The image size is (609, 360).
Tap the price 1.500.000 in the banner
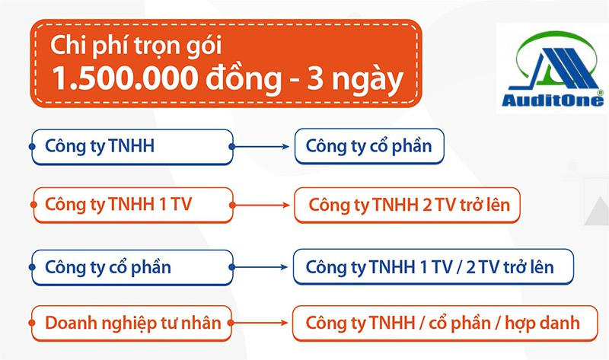pyautogui.click(x=125, y=79)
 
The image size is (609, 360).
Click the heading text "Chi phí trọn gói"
pyautogui.click(x=136, y=46)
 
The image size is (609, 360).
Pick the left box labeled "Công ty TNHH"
pyautogui.click(x=132, y=147)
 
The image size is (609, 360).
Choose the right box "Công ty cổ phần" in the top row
pyautogui.click(x=369, y=146)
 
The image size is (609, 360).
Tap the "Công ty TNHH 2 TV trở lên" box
pyautogui.click(x=407, y=205)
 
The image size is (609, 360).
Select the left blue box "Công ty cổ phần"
pyautogui.click(x=132, y=268)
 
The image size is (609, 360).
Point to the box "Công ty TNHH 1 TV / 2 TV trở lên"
pyautogui.click(x=433, y=267)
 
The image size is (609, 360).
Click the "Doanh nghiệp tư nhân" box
pyautogui.click(x=132, y=323)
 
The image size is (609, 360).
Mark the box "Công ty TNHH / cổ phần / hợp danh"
pyautogui.click(x=445, y=323)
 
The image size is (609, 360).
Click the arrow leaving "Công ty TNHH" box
pyautogui.click(x=260, y=147)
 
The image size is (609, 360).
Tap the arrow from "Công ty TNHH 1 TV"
pyautogui.click(x=261, y=205)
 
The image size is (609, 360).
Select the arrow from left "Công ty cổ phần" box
pyautogui.click(x=260, y=267)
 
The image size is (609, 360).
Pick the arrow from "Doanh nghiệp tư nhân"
pyautogui.click(x=260, y=323)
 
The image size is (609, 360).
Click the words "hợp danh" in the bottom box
pyautogui.click(x=542, y=323)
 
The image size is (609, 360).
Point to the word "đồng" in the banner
pyautogui.click(x=243, y=79)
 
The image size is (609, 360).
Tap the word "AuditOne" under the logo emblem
pyautogui.click(x=553, y=100)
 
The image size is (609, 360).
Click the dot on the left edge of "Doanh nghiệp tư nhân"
pyautogui.click(x=32, y=323)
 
